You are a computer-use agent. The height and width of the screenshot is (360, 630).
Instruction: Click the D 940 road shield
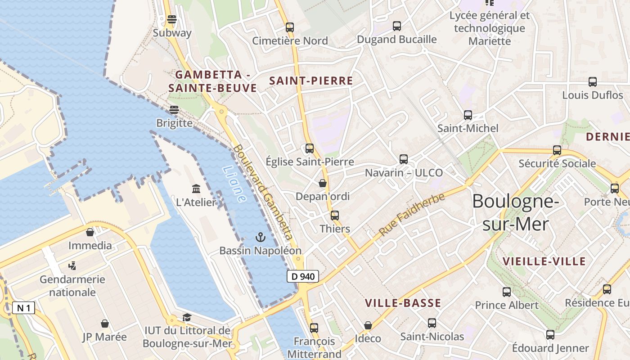click(x=303, y=276)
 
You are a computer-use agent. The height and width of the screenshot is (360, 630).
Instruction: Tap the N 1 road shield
click(x=23, y=308)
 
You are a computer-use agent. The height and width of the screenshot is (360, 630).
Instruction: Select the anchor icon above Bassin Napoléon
click(x=260, y=237)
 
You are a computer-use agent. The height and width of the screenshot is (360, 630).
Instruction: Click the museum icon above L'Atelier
click(x=196, y=189)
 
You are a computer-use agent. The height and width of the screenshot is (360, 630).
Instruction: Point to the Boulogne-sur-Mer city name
click(x=515, y=212)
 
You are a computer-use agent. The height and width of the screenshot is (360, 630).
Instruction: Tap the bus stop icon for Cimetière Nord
click(x=290, y=27)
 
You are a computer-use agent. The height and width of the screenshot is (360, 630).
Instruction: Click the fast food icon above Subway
click(x=172, y=20)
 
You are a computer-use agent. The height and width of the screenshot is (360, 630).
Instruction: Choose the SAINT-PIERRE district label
click(x=311, y=81)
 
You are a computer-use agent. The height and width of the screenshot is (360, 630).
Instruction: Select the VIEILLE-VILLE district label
click(x=544, y=261)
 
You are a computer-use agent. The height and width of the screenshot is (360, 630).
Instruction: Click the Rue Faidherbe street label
click(x=411, y=215)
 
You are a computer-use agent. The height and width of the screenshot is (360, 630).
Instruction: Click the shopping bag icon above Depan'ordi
click(x=322, y=183)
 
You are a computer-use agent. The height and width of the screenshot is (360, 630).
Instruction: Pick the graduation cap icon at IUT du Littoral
click(x=187, y=318)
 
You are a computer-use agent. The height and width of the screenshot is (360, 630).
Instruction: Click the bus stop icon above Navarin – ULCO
click(x=404, y=159)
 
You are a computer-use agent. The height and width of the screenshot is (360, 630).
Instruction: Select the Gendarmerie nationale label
click(x=72, y=286)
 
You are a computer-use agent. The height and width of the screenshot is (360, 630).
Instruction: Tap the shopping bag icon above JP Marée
click(x=105, y=324)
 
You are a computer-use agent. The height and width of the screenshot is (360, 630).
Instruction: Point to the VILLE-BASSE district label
click(x=403, y=303)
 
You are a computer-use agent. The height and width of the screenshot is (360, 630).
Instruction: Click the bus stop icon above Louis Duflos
click(x=593, y=82)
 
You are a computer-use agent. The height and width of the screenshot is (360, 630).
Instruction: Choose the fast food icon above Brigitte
click(x=174, y=110)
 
